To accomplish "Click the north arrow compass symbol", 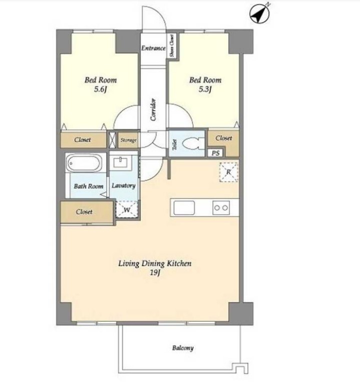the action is [x=259, y=14].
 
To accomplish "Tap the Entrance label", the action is [x=153, y=48].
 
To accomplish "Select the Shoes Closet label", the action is [x=172, y=46].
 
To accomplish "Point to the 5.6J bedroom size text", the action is [x=100, y=89].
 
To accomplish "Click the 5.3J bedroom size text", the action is [x=205, y=89].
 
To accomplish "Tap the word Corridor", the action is [x=154, y=110].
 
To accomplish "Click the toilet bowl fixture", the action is [x=193, y=143].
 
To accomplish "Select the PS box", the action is [x=215, y=153].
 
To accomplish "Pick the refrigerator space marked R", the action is [x=229, y=172].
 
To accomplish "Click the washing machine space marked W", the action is [x=127, y=209].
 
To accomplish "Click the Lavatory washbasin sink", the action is [x=121, y=163].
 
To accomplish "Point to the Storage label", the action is [x=128, y=140].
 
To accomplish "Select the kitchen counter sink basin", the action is [x=184, y=208].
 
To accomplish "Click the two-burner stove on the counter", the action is [x=221, y=208].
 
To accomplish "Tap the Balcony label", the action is [x=183, y=348].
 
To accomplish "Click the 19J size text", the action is [x=155, y=273].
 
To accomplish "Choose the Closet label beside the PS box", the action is [x=223, y=138].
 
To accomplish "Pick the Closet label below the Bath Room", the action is [x=84, y=212].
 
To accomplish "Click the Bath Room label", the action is [x=88, y=186].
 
